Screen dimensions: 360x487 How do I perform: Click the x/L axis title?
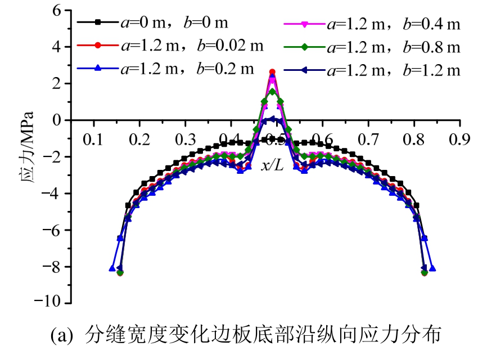(273, 165)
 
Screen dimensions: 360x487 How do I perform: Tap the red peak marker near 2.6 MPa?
(272, 72)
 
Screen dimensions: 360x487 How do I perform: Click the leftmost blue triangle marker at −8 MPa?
(112, 268)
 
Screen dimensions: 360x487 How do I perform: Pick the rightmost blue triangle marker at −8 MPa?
(432, 268)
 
